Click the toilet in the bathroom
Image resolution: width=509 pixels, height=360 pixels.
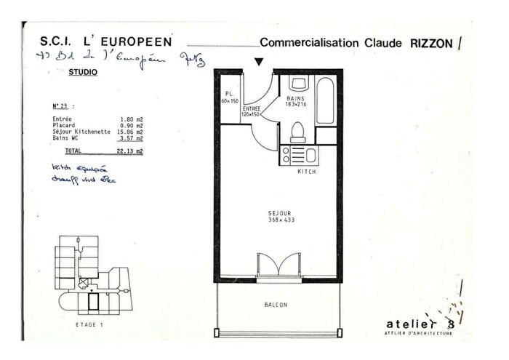[297, 132]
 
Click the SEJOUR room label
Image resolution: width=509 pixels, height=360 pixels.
[278, 213]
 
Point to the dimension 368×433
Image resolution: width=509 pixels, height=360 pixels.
[278, 220]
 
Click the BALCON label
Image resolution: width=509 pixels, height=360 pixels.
[276, 305]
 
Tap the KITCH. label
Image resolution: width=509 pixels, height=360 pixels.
[308, 172]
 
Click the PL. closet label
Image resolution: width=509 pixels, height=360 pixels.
[228, 94]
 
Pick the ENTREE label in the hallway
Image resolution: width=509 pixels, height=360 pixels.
[251, 108]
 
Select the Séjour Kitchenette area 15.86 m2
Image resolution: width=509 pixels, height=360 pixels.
[132, 132]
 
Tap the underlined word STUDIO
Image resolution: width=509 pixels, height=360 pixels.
[82, 73]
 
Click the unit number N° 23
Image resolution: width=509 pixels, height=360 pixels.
[63, 105]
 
